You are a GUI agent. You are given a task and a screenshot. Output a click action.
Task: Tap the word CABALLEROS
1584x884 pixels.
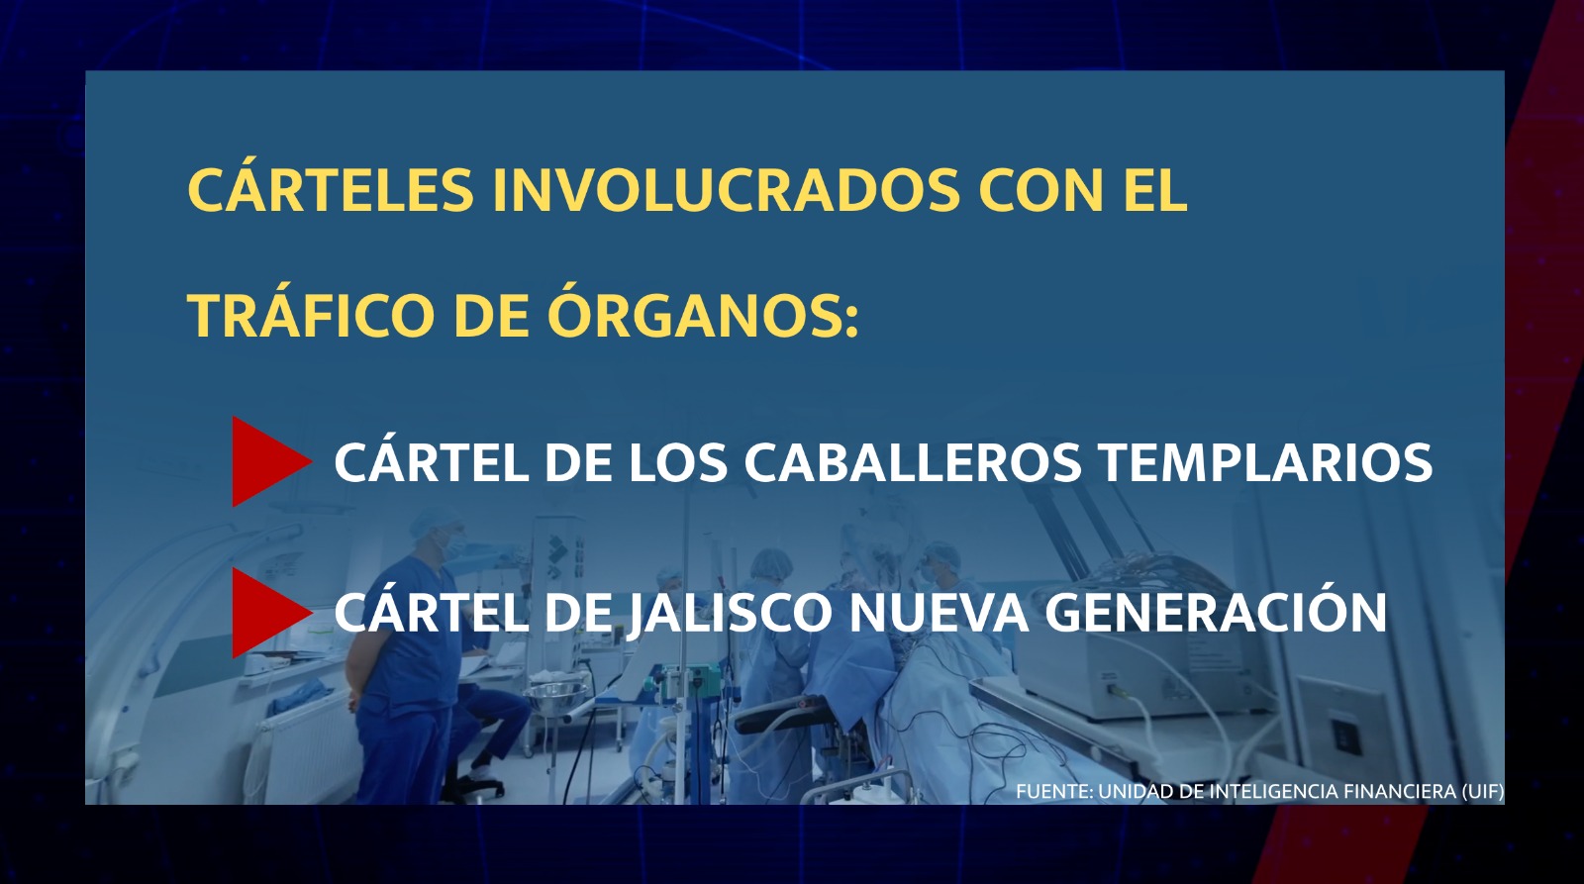click(913, 462)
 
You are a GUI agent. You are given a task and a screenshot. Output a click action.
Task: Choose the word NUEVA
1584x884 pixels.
click(939, 613)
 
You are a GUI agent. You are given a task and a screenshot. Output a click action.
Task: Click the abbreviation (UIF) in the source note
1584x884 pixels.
click(1483, 791)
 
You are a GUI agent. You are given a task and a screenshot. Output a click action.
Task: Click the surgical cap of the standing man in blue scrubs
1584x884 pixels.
click(434, 522)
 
